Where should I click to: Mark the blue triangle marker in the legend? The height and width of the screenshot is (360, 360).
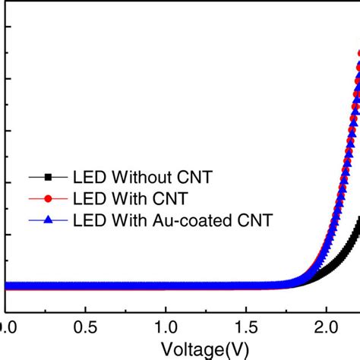click(48, 221)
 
